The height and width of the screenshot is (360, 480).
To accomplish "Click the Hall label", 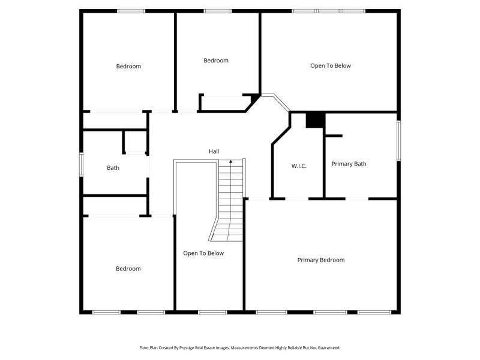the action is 214,151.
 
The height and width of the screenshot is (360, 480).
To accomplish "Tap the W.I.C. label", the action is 299,166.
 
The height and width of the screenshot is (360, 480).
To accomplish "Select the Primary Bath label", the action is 349,164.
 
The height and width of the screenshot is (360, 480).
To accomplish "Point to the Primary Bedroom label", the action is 321,260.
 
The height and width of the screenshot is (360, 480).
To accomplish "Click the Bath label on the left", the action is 113,168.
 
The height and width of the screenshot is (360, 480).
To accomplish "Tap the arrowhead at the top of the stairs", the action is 231,161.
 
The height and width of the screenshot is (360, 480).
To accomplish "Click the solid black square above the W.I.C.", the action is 316,120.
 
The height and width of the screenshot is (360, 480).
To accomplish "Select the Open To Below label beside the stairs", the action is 203,253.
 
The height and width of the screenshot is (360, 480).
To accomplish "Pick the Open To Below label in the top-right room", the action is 331,65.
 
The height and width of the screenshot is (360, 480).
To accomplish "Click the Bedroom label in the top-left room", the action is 128,66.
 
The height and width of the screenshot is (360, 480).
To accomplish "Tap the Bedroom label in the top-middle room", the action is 216,61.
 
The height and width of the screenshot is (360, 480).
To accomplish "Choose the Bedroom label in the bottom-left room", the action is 128,268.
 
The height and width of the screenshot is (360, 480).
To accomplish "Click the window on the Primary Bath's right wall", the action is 398,140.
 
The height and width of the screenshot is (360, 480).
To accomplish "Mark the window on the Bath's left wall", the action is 81,164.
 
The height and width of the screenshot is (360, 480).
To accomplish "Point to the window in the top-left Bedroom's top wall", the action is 131,11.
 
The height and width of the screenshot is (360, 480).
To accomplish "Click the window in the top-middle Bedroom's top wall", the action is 218,11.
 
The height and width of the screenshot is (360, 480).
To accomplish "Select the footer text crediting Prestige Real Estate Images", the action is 240,348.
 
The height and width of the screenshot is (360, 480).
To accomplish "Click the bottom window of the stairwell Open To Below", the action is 212,312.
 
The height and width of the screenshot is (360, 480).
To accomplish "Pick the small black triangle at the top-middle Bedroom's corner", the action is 254,98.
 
